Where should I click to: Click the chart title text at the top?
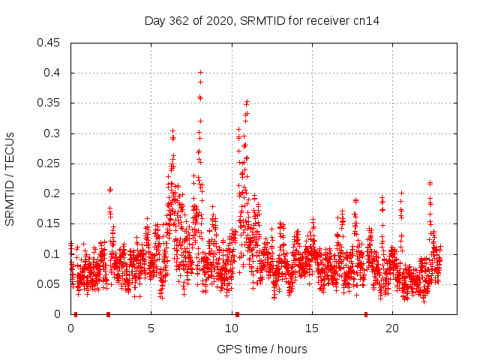point(262,21)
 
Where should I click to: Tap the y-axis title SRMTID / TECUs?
point(10,178)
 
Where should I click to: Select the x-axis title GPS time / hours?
point(262,349)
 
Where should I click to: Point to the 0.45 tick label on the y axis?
point(49,43)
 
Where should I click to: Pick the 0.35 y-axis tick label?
point(49,103)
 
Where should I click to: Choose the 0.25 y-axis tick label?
point(49,163)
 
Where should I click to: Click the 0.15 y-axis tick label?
point(49,224)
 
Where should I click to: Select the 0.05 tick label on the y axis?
point(49,284)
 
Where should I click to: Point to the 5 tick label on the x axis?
point(151,328)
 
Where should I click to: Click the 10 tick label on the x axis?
point(232,328)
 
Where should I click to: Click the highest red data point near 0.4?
point(200,73)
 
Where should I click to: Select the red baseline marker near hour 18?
point(366,314)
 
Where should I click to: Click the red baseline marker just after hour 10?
point(237,314)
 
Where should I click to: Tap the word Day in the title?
point(154,21)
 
